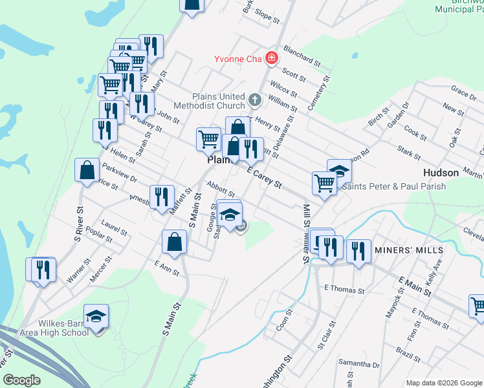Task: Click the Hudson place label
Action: [x=441, y=173]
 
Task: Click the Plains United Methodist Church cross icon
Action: [x=256, y=101]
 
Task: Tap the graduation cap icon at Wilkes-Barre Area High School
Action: [x=96, y=316]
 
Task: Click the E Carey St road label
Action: [x=265, y=177]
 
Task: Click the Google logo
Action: [x=22, y=380]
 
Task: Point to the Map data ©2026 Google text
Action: [x=443, y=383]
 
